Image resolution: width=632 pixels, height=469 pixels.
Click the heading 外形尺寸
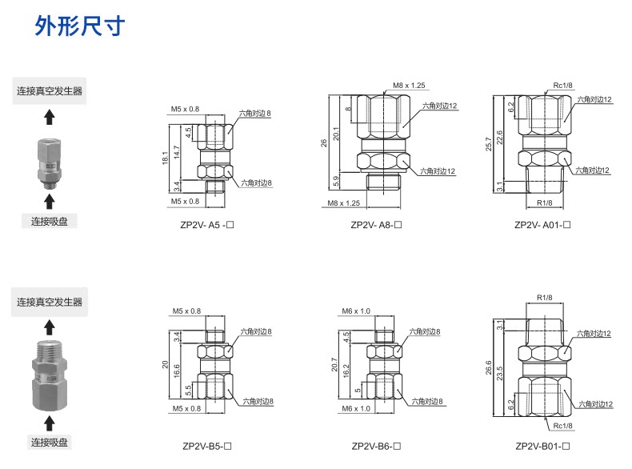80,26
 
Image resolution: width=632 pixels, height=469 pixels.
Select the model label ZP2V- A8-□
375,225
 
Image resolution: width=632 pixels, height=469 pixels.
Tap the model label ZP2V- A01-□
542,225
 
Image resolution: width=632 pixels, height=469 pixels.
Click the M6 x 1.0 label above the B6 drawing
357,311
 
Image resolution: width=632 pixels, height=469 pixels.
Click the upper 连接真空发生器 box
50,90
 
